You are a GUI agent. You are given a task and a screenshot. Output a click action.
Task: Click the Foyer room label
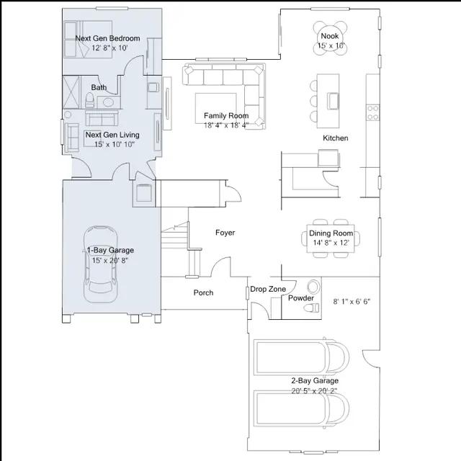tap(225, 233)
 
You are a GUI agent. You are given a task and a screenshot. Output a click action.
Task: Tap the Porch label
tap(203, 292)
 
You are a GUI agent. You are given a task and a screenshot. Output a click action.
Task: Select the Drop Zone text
tap(268, 289)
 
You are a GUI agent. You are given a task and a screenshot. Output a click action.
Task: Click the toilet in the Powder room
tap(312, 308)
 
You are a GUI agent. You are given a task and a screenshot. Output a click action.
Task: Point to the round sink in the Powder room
tap(314, 287)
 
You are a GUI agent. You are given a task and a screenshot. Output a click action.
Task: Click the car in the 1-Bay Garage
tap(101, 264)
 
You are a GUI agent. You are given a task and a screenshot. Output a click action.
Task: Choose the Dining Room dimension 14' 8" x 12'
tap(331, 243)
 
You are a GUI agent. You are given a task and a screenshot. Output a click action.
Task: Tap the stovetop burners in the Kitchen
tap(373, 113)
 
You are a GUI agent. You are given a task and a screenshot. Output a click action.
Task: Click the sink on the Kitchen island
tap(333, 101)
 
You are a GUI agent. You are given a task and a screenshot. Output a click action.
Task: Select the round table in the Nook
tap(330, 38)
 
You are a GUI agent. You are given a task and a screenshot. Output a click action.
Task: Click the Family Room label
tap(226, 115)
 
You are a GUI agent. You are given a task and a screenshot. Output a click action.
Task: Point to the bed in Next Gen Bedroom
tap(88, 39)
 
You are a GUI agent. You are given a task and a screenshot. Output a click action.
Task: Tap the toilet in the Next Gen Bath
tap(89, 100)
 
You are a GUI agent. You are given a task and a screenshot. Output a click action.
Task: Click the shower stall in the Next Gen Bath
tap(71, 92)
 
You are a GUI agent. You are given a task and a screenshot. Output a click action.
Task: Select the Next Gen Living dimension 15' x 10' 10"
tap(115, 144)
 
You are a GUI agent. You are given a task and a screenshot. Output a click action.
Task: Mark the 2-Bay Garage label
tap(315, 381)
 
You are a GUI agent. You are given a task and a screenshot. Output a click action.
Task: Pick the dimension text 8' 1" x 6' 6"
tap(352, 302)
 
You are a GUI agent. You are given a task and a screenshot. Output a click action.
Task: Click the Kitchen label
tap(336, 138)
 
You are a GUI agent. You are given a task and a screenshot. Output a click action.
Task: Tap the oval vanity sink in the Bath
tap(108, 102)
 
